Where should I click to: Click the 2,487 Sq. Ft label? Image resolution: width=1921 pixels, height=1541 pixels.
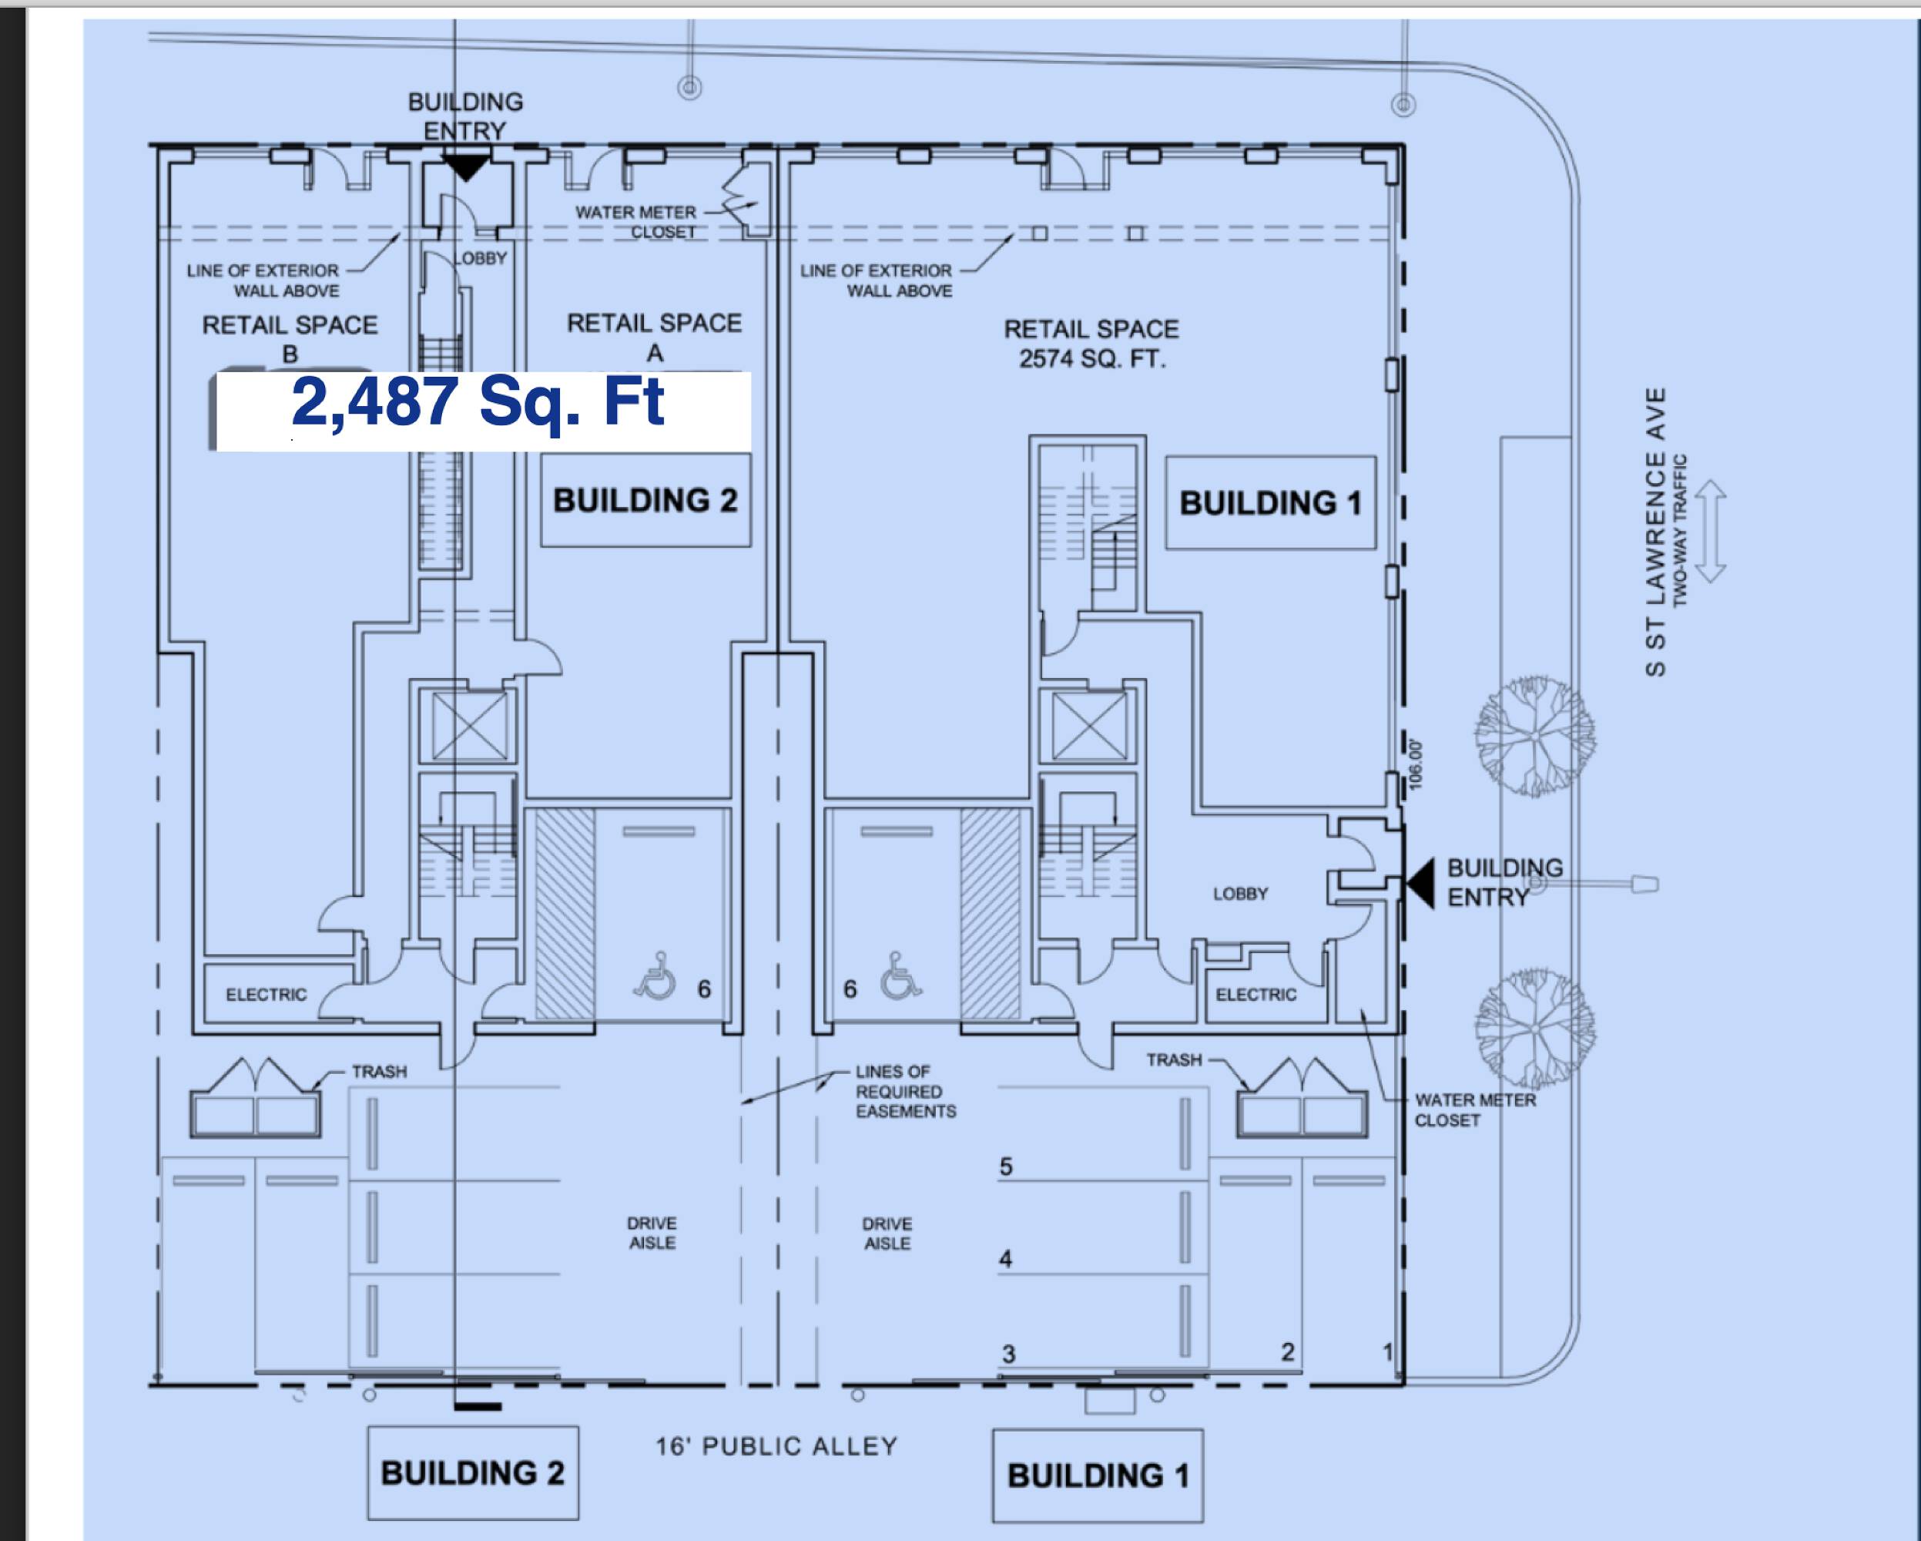pyautogui.click(x=478, y=403)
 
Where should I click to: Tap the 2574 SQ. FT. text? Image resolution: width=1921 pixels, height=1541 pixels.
pyautogui.click(x=1092, y=359)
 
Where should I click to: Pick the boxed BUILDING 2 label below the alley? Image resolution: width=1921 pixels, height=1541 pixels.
pyautogui.click(x=473, y=1472)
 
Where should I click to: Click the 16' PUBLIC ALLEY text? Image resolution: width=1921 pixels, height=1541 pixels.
pyautogui.click(x=777, y=1445)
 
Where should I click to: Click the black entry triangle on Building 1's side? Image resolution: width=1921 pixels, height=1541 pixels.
pyautogui.click(x=1422, y=883)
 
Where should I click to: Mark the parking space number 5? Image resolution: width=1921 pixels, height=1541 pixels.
pyautogui.click(x=1006, y=1167)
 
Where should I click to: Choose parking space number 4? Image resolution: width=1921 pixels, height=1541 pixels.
pyautogui.click(x=1006, y=1259)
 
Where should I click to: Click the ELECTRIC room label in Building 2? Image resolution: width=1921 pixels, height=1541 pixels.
pyautogui.click(x=267, y=995)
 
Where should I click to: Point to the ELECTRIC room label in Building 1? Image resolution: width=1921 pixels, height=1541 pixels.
pyautogui.click(x=1256, y=995)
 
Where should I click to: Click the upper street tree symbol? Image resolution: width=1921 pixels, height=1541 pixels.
pyautogui.click(x=1534, y=736)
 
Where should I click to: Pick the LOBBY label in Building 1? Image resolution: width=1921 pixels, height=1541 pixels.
pyautogui.click(x=1240, y=893)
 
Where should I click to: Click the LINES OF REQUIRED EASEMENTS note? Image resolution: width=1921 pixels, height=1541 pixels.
pyautogui.click(x=905, y=1091)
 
